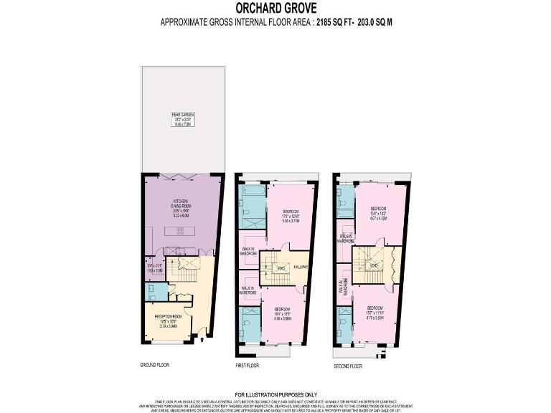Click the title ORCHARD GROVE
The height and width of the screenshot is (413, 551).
click(x=275, y=10)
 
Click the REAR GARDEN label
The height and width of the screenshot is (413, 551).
click(x=183, y=118)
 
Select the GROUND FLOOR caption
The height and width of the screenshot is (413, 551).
click(x=154, y=365)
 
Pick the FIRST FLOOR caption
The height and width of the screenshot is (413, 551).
click(x=248, y=365)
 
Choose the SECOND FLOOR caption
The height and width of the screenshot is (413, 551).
click(x=348, y=366)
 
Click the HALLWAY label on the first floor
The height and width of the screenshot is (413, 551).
click(x=300, y=267)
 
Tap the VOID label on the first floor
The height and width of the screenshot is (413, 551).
click(x=282, y=268)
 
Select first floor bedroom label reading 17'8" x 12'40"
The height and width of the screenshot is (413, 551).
click(x=291, y=217)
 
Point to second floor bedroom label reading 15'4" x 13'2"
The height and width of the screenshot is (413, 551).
click(x=377, y=215)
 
